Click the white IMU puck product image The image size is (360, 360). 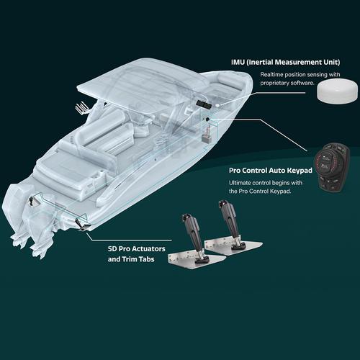(x=337, y=92)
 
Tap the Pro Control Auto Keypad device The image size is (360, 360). (x=333, y=168)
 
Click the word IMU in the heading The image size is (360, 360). (x=238, y=62)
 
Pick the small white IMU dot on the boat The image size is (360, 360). (x=217, y=105)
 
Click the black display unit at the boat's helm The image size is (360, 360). (x=203, y=104)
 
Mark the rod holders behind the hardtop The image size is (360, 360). (x=81, y=108)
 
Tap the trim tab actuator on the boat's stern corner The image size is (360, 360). (x=80, y=224)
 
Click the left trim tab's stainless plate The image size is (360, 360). (x=197, y=259)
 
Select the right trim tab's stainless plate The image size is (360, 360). (x=233, y=245)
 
